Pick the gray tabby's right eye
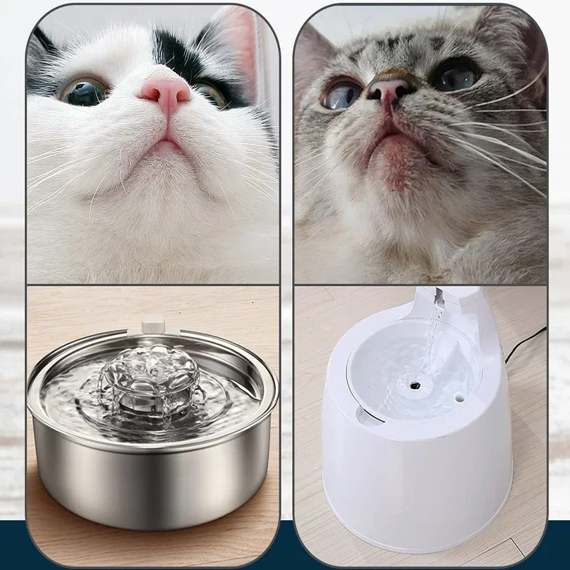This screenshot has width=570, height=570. tap(455, 76)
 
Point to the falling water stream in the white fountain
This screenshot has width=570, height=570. tap(432, 342)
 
